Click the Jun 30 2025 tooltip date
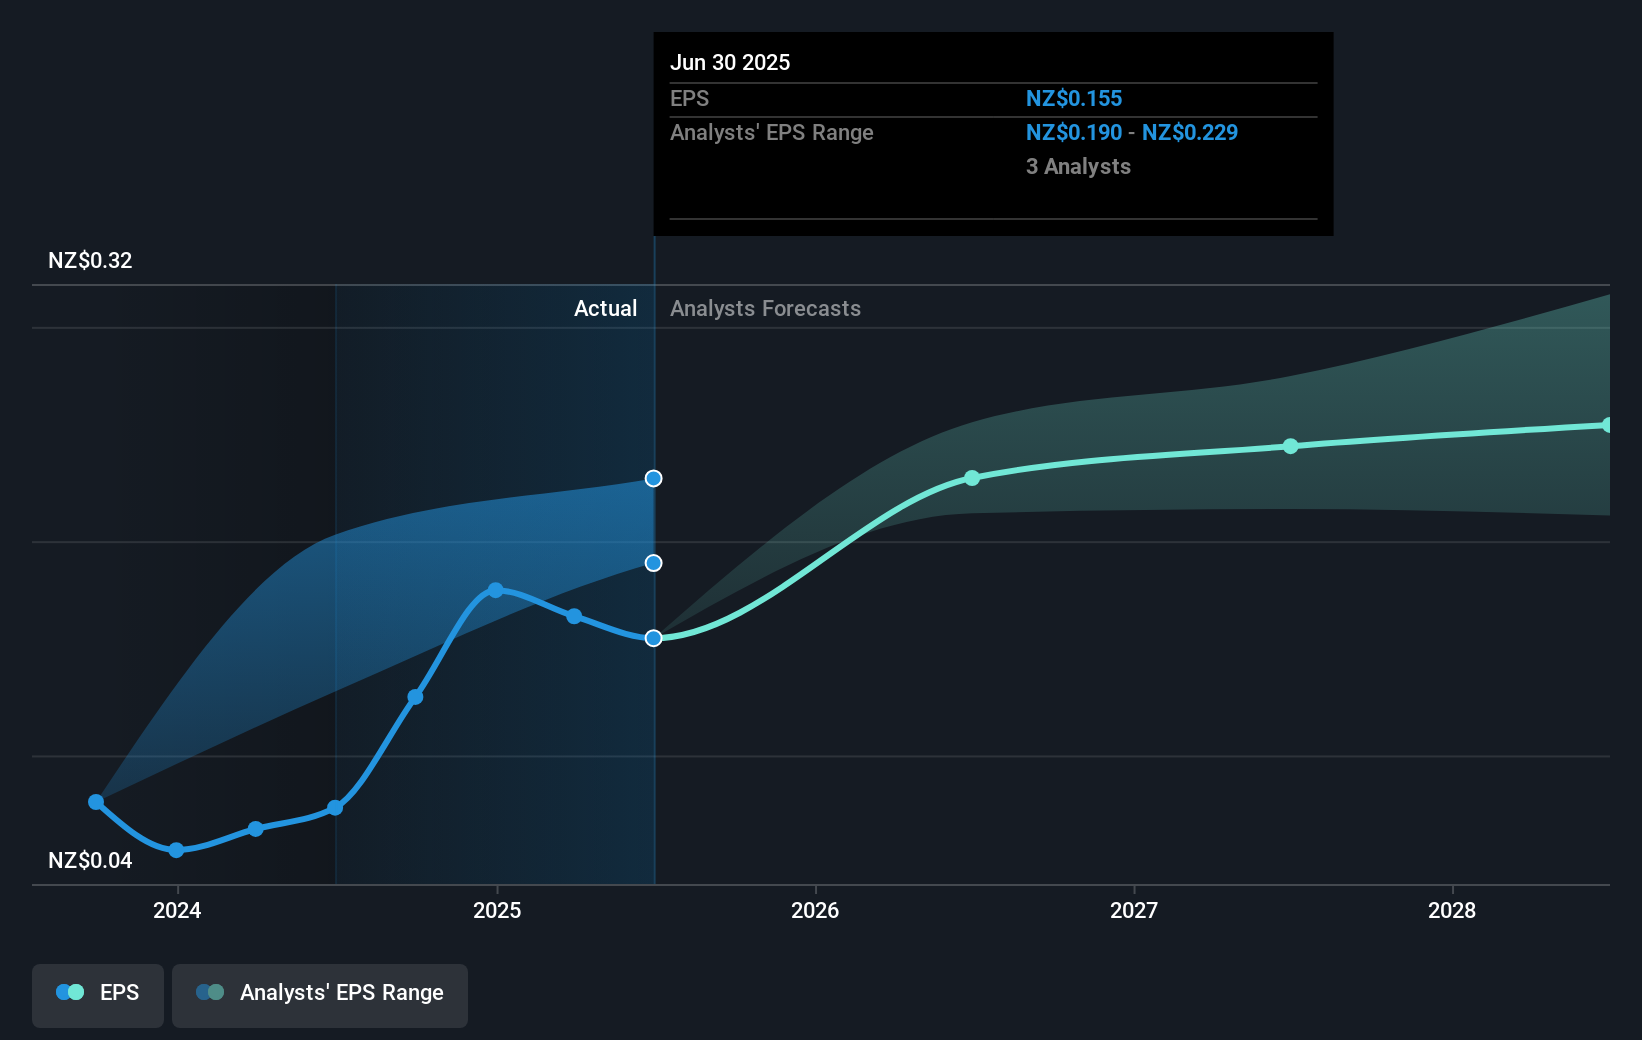729,62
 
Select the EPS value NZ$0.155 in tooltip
1073,98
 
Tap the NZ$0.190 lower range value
1073,132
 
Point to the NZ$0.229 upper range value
1189,132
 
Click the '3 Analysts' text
1077,166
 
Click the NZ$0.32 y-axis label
90,260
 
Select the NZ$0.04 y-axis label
90,860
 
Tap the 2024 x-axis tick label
177,910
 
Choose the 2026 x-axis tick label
814,910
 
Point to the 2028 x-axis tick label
1451,910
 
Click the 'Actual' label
605,308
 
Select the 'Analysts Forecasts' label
765,308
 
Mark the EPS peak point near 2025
495,590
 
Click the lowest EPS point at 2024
176,850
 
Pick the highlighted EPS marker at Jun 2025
653,638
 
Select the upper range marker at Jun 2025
653,478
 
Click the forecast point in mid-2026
972,478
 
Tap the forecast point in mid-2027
1290,446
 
